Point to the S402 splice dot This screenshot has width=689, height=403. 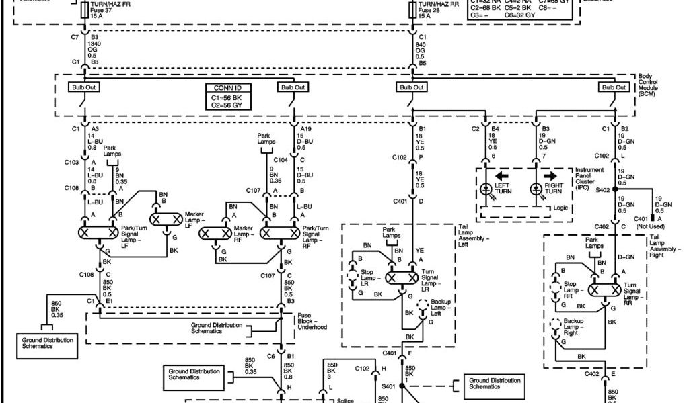click(614, 190)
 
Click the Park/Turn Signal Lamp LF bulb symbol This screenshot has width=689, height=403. click(98, 232)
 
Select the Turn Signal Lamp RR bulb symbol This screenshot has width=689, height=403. click(604, 290)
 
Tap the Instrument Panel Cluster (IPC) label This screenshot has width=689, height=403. click(590, 179)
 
